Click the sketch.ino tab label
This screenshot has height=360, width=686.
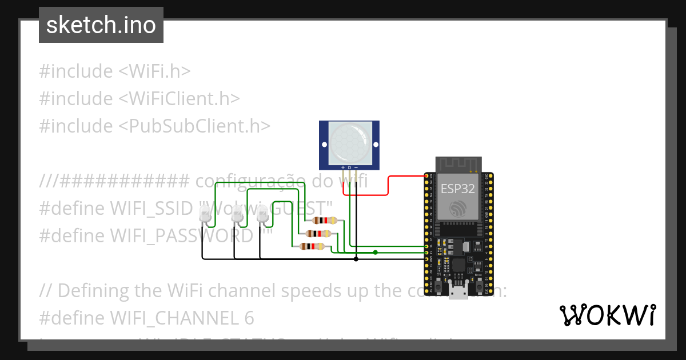pos(101,25)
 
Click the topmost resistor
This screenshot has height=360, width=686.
pos(324,221)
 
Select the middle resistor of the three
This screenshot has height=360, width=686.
pos(318,233)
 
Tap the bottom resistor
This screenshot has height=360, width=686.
pos(312,246)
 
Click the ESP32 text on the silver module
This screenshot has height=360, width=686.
pos(457,190)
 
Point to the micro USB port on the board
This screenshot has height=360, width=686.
pos(457,293)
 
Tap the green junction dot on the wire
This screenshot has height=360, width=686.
pos(375,252)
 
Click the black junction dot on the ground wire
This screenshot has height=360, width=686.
pos(356,259)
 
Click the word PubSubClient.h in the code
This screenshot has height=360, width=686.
pos(194,125)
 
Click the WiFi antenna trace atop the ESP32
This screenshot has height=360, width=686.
pos(458,165)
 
